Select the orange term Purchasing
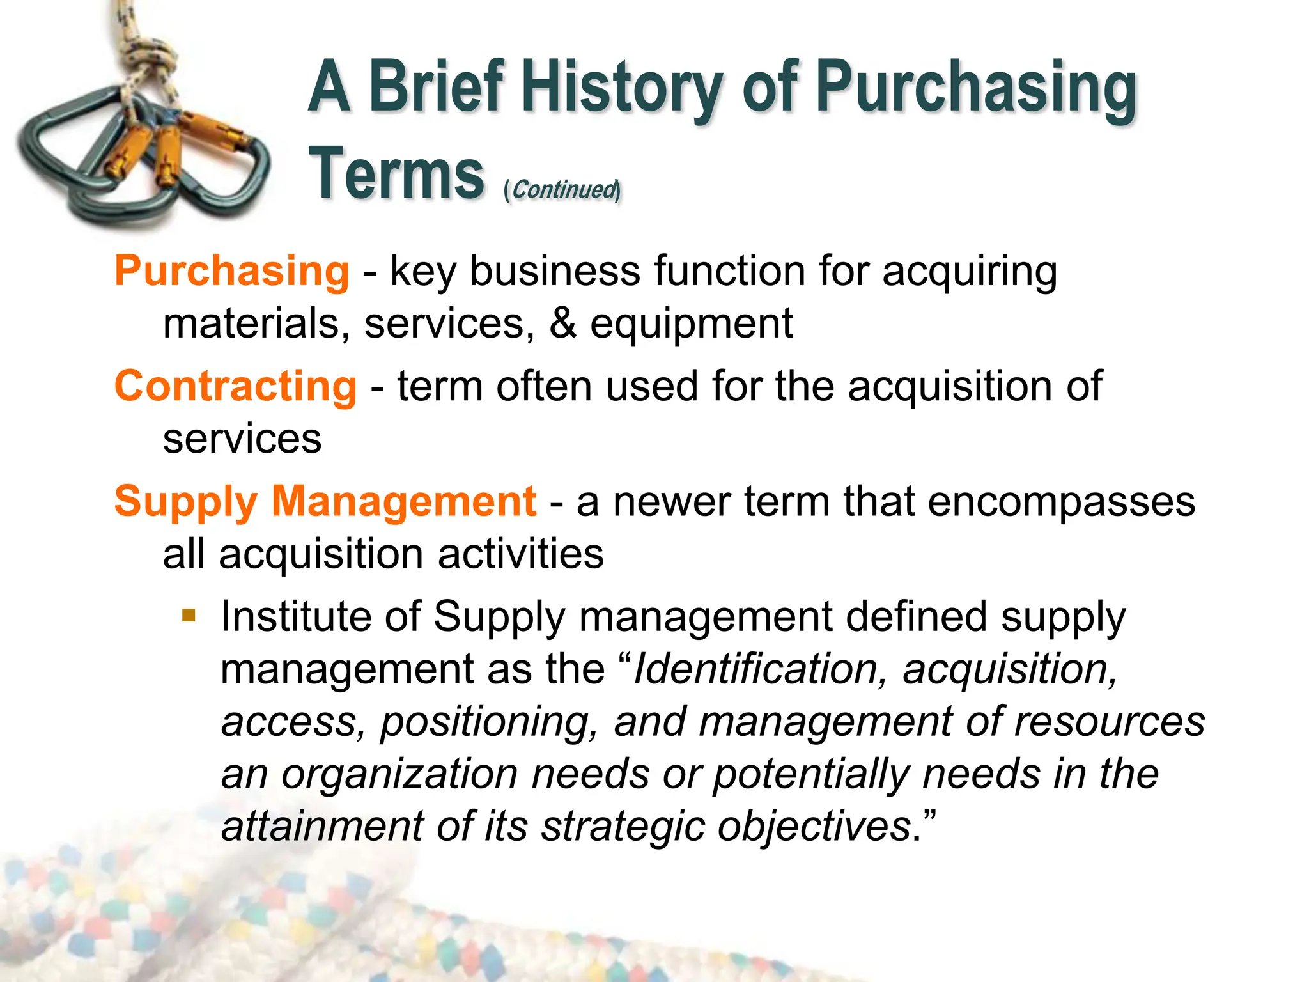coord(231,271)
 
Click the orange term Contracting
coord(235,386)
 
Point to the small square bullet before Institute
coord(189,616)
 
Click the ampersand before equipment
coord(562,323)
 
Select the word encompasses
coord(1061,501)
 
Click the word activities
coord(520,554)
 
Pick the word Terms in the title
coord(396,174)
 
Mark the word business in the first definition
coord(554,271)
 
